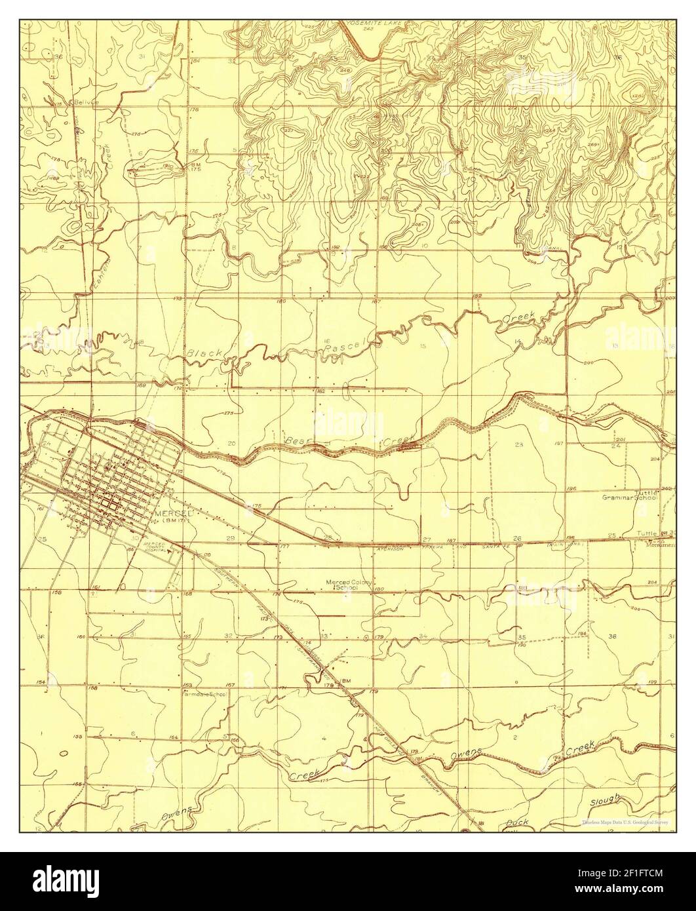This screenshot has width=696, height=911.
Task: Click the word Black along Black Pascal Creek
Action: click(x=204, y=354)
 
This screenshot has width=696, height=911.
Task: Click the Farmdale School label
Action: click(x=205, y=693)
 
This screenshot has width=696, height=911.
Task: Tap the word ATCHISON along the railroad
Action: click(x=391, y=549)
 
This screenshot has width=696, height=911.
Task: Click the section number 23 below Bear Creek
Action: click(x=519, y=445)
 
